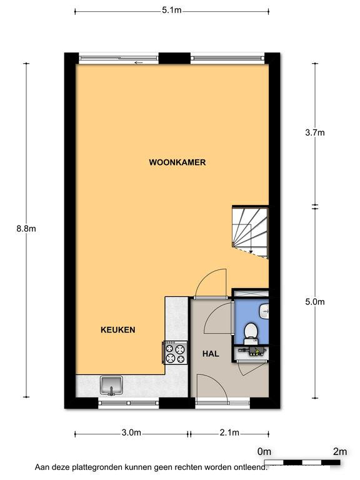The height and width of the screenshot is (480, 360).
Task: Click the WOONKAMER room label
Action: [x=177, y=162]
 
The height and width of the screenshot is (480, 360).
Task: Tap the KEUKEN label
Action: [x=118, y=330]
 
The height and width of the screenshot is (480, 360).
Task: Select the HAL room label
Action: [x=211, y=354]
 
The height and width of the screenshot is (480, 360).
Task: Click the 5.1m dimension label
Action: [x=172, y=11]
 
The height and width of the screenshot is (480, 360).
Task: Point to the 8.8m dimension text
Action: [x=26, y=229]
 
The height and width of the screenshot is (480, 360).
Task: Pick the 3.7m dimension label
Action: [x=315, y=133]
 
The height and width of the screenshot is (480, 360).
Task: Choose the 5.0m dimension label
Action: [x=315, y=302]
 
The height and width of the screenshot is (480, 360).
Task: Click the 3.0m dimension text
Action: [x=131, y=432]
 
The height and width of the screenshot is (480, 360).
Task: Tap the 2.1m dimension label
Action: [x=229, y=432]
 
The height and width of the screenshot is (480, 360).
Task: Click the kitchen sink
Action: [x=111, y=386]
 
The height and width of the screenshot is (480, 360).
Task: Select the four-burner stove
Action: [x=175, y=352]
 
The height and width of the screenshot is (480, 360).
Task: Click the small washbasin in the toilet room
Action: [x=264, y=312]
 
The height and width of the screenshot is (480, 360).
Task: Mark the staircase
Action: [x=251, y=232]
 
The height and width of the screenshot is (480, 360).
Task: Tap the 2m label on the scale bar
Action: [x=340, y=451]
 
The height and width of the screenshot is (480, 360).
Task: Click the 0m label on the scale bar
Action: [x=264, y=451]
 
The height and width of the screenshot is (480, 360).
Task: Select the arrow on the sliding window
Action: [x=138, y=62]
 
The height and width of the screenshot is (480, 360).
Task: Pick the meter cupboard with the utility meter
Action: [x=251, y=353]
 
